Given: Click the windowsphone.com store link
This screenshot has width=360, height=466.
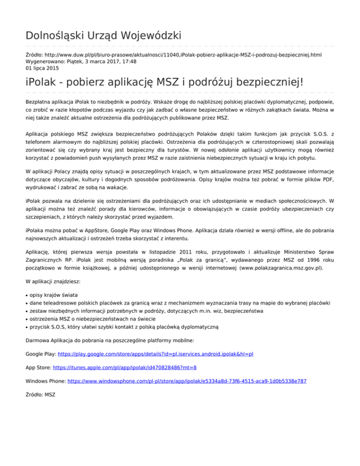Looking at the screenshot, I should [187, 382].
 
